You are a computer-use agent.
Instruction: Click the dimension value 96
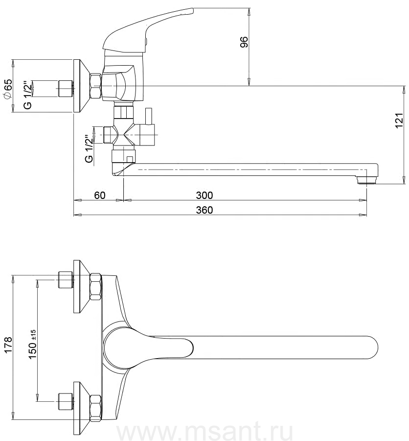pos(245,42)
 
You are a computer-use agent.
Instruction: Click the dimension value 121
pos(399,121)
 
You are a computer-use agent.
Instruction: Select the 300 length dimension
pos(204,195)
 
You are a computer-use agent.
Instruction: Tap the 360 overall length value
pos(204,210)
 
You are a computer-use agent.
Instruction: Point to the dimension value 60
pos(100,195)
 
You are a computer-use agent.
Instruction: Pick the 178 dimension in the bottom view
pos(8,345)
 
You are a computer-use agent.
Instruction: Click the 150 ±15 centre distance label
pos(33,344)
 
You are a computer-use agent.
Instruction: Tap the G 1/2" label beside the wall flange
pos(27,95)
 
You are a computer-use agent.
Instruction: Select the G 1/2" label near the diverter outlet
pos(89,149)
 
